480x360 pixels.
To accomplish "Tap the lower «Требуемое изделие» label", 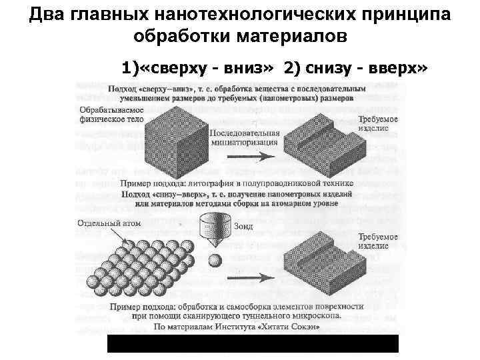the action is click(x=379, y=242).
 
